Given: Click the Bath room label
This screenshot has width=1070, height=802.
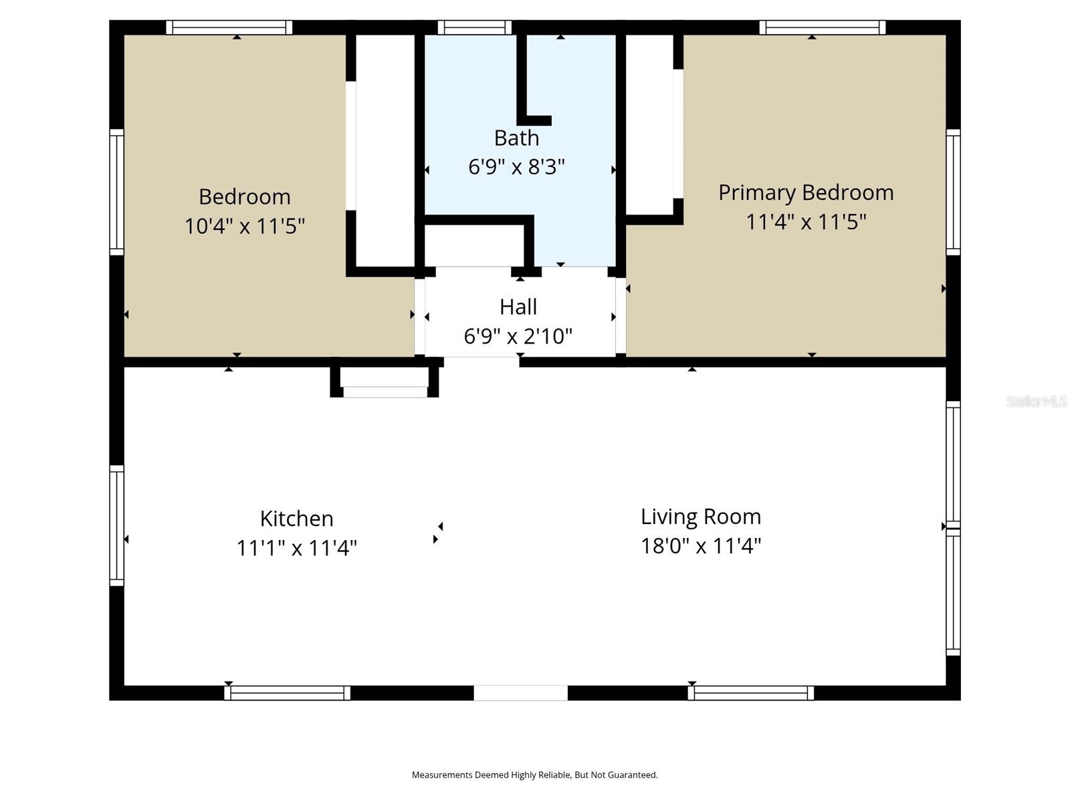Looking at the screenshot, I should coord(516,138).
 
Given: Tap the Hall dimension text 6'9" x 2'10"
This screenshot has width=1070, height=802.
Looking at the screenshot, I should coord(518,336).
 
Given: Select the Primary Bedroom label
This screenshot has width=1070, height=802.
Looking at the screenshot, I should coord(806,192).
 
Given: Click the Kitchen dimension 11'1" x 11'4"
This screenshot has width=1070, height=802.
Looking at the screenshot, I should coord(296,548).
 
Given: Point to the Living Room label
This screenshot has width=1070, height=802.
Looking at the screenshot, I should coord(701,517).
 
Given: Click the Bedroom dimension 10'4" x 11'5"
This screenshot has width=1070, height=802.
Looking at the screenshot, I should coord(245,226).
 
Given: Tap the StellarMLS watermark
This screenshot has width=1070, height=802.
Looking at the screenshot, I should coord(1037,401).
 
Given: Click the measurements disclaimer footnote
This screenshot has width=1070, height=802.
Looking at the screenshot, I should coord(534,775).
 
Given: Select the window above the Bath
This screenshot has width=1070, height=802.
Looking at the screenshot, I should coord(475,27).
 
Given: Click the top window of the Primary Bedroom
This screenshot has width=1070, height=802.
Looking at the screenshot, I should coord(822,27).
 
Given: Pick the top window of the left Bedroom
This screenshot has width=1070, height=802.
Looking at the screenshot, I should coord(229,27).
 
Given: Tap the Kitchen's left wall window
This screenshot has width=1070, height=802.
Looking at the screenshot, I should coord(116,525).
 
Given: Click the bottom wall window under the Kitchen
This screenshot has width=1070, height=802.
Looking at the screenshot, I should coord(287,693).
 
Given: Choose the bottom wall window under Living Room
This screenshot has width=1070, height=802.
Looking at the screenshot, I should coord(750,693).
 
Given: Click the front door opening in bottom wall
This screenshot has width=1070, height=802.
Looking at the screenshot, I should coord(520,693).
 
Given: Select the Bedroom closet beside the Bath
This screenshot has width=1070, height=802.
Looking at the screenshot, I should coord(385,150).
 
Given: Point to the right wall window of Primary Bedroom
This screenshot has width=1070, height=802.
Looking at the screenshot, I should coord(953,192).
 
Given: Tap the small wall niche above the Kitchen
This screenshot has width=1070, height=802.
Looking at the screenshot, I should coord(385,383).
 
